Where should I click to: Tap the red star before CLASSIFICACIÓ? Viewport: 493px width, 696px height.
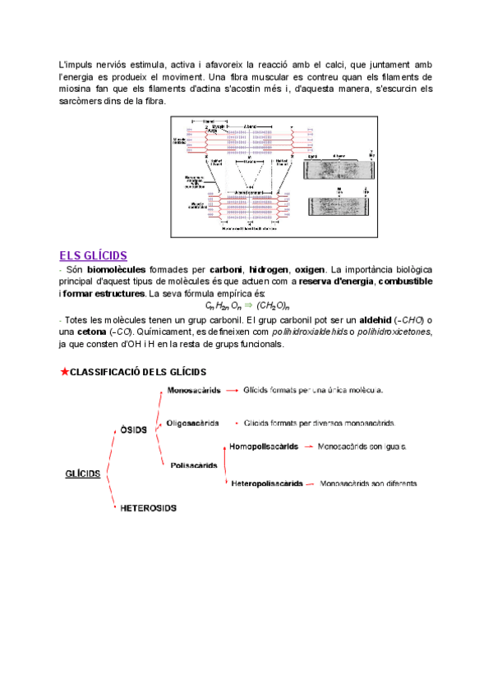pyautogui.click(x=64, y=372)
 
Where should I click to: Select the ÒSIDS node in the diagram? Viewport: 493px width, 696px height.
pyautogui.click(x=133, y=429)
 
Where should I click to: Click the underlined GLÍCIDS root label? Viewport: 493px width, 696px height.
pyautogui.click(x=82, y=474)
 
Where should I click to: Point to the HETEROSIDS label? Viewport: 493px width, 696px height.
pyautogui.click(x=149, y=508)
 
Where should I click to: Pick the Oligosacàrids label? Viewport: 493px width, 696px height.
pyautogui.click(x=192, y=424)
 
